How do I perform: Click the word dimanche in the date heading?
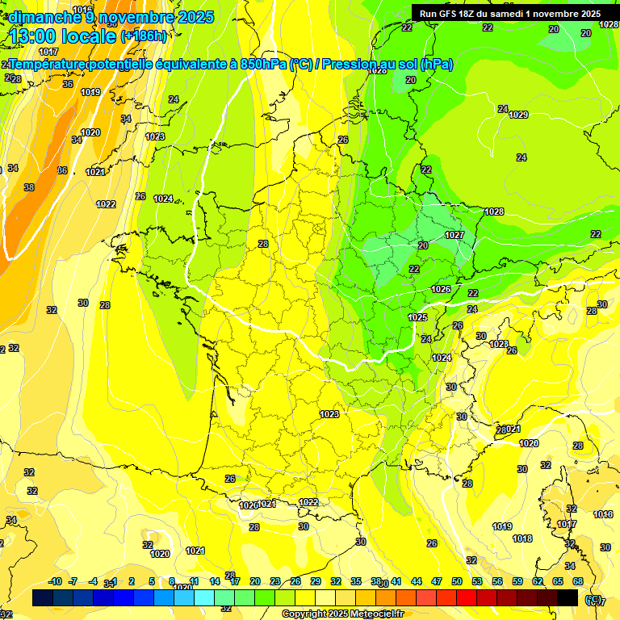click(x=45, y=17)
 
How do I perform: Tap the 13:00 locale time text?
click(x=63, y=36)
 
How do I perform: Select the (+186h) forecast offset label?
click(x=143, y=36)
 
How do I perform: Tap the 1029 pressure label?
click(x=518, y=115)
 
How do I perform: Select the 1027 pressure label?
click(x=454, y=235)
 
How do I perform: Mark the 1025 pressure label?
click(x=417, y=317)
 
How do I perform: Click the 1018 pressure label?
click(x=522, y=538)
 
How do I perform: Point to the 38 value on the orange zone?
click(x=29, y=187)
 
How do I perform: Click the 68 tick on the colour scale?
click(x=577, y=581)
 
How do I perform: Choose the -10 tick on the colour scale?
click(x=55, y=581)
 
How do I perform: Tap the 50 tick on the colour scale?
click(x=457, y=581)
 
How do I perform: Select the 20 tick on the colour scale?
click(x=255, y=581)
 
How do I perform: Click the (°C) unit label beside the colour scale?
click(x=594, y=600)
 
